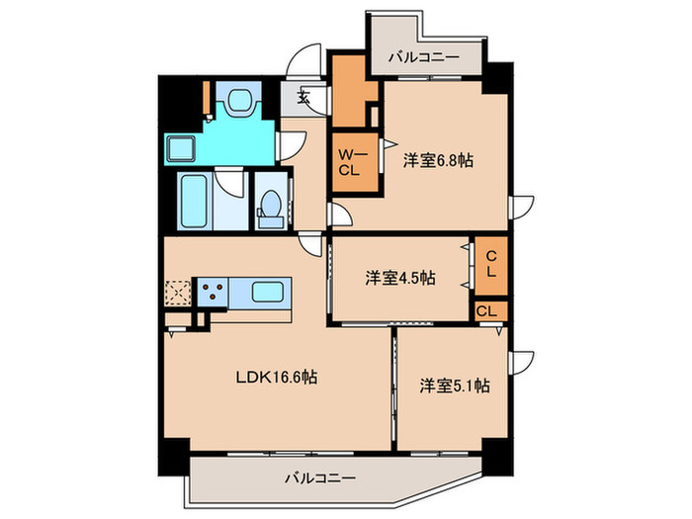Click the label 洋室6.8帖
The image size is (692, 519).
click(x=436, y=160)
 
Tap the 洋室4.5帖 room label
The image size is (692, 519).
click(x=399, y=278)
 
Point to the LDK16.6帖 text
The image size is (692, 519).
click(x=275, y=377)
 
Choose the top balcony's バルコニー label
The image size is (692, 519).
click(x=422, y=58)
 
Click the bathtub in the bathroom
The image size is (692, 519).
click(x=195, y=201)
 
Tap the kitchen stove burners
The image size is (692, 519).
click(x=213, y=292)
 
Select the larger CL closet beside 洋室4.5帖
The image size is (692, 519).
click(x=490, y=267)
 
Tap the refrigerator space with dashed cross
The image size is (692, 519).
click(x=178, y=292)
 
